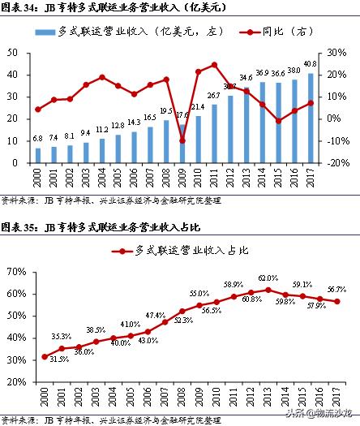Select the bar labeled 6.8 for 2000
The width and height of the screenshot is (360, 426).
pyautogui.click(x=37, y=155)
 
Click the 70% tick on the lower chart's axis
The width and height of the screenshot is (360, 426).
pyautogui.click(x=15, y=269)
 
